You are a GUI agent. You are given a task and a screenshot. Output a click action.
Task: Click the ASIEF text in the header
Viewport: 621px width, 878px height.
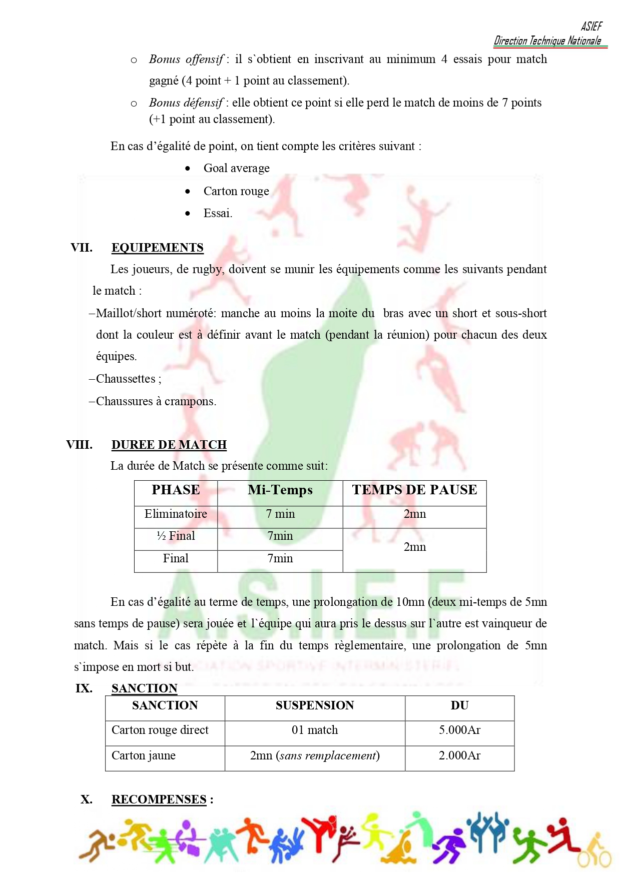tap(591, 27)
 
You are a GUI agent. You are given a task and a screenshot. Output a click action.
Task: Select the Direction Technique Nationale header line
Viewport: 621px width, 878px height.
tap(547, 41)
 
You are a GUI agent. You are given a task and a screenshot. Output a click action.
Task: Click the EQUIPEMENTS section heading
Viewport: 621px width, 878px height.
tap(157, 248)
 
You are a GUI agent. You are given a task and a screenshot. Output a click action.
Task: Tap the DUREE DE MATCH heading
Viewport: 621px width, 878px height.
tap(169, 445)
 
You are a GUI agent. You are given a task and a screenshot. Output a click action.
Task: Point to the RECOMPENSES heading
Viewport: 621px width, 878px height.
tap(159, 799)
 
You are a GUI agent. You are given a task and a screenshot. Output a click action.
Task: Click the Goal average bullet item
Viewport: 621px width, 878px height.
tap(236, 168)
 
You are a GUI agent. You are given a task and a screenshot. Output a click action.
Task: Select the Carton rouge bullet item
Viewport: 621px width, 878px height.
tap(236, 191)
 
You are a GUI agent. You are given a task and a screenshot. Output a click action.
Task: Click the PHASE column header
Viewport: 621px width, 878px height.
tap(176, 490)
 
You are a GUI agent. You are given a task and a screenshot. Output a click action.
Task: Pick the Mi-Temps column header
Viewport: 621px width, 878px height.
tap(280, 490)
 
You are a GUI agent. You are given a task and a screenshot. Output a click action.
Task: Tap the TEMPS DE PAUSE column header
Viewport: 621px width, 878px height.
tap(414, 490)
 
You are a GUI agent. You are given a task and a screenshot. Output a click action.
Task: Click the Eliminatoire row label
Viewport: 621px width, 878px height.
tap(176, 514)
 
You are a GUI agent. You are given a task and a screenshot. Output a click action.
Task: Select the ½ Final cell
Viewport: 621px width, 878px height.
tap(176, 536)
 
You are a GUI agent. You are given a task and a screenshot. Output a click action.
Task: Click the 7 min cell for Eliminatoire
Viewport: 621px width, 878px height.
tap(280, 514)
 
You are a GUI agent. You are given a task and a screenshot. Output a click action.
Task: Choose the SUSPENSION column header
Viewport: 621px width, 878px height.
tap(315, 705)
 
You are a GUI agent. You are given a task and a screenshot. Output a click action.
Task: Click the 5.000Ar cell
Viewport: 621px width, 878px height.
tap(459, 730)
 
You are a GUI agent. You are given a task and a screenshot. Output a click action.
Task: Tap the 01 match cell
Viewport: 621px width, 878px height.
tap(315, 730)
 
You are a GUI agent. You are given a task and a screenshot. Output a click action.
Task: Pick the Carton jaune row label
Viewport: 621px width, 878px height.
tap(144, 755)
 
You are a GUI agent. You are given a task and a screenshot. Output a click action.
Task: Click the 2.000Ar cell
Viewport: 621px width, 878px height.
tap(459, 755)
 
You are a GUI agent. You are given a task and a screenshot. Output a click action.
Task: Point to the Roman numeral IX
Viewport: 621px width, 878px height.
tap(84, 688)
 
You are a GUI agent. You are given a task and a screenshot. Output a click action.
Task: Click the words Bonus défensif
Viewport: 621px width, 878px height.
tap(186, 103)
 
